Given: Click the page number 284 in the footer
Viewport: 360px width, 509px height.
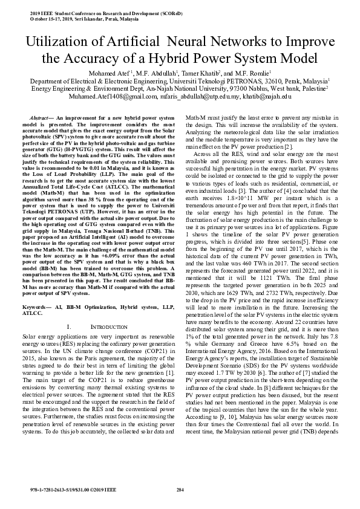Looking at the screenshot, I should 180,488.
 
